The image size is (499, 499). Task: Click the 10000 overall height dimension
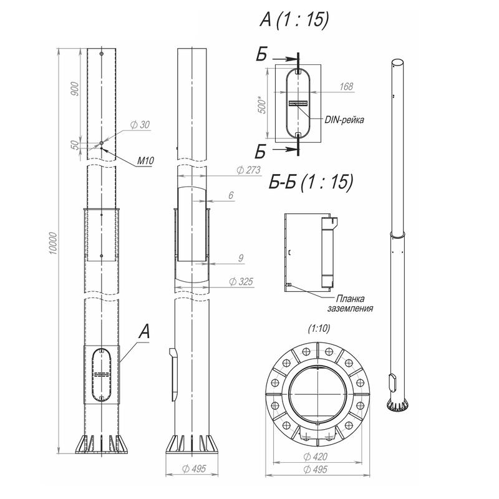(53, 243)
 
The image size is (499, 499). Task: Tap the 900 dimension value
(74, 90)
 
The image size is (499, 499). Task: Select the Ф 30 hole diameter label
(140, 125)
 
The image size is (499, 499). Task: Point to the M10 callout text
(145, 161)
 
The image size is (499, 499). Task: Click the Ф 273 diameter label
(248, 170)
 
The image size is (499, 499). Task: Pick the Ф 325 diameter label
(241, 282)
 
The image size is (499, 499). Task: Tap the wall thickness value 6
(231, 195)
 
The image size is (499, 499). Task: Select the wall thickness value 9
(241, 258)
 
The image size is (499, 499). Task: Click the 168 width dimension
(346, 87)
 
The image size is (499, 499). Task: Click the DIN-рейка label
(344, 120)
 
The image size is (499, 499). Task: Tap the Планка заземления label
(351, 304)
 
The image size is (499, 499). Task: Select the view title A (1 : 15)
(294, 20)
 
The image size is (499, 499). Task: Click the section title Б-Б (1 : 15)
(311, 182)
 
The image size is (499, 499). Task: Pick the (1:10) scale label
(319, 329)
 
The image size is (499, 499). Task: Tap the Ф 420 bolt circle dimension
(316, 457)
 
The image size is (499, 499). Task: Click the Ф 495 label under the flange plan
(316, 470)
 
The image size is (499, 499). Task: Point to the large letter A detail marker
(144, 331)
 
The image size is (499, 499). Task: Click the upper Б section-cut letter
(261, 54)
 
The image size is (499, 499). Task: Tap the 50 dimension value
(74, 145)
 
